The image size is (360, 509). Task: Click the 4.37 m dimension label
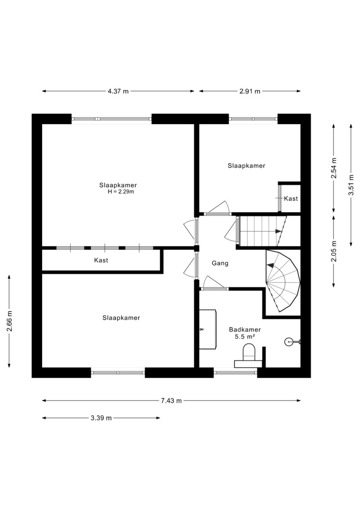coord(118,91)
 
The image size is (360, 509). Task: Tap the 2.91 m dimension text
coord(250,91)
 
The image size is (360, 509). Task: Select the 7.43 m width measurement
coord(171,400)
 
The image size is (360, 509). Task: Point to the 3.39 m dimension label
coord(101,418)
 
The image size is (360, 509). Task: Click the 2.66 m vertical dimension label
coord(9,321)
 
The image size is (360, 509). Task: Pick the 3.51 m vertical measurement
coord(351,185)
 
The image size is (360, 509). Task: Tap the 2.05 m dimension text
coord(334,251)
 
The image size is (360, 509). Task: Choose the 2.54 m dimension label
coord(334,168)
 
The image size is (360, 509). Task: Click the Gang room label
coord(220,263)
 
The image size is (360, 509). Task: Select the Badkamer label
coord(245,330)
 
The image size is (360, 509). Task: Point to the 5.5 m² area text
coord(245,336)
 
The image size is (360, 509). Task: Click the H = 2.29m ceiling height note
coord(121,191)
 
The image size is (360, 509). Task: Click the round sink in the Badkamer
coord(289,341)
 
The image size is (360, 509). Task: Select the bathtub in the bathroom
coord(207,329)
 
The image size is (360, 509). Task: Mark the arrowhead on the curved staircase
coord(270,265)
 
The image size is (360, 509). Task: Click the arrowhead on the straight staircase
coord(278,231)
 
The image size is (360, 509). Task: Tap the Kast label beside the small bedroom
coord(291,198)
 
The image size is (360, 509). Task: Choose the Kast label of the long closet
coord(101,260)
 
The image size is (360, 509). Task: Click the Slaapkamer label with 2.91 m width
coord(247,166)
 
